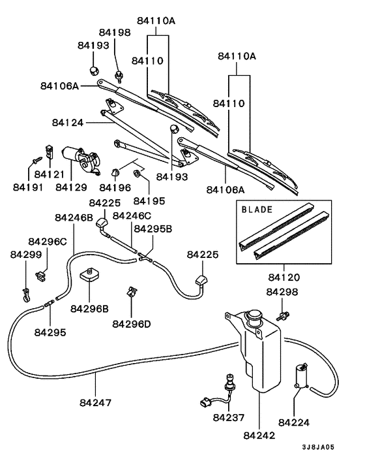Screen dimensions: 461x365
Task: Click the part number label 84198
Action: point(115,32)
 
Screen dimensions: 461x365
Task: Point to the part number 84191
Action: point(29,187)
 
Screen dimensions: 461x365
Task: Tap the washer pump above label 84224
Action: point(302,376)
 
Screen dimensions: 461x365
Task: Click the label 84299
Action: point(25,255)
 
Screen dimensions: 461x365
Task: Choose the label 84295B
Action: point(153,229)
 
